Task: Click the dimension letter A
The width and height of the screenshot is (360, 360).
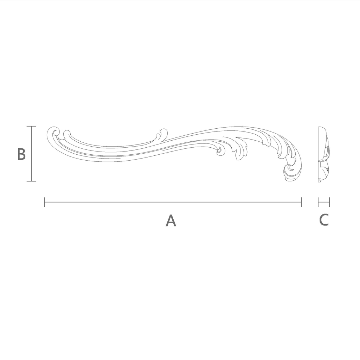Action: click(x=171, y=221)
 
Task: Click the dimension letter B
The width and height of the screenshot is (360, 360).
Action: click(x=21, y=154)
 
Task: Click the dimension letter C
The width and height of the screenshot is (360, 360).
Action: click(x=324, y=220)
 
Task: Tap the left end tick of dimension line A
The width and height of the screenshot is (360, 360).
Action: click(x=44, y=202)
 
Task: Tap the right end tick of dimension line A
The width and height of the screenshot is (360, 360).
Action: click(x=301, y=202)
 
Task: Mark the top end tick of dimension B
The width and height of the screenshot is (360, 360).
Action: click(x=31, y=126)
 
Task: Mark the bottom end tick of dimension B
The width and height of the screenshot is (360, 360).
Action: click(x=31, y=181)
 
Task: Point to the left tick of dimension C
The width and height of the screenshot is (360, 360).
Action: click(x=319, y=202)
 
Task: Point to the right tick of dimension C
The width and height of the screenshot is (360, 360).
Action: click(x=329, y=202)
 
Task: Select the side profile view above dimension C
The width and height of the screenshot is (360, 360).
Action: click(x=323, y=154)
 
